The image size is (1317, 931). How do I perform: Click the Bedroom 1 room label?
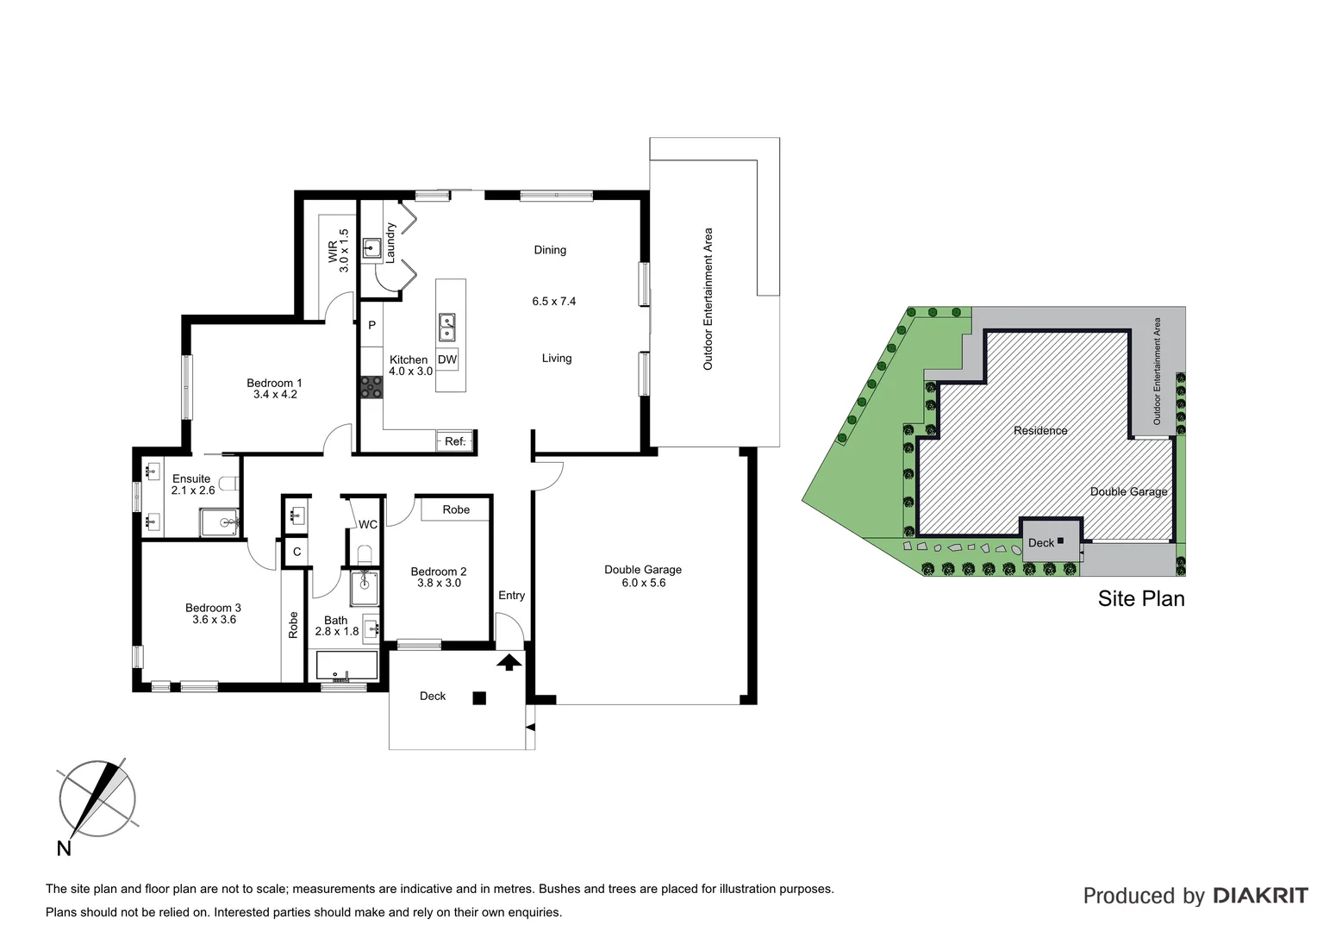[274, 389]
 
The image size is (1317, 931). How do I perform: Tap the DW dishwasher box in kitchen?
[447, 359]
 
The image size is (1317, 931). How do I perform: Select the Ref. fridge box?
[454, 441]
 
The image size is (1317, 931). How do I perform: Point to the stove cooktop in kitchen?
[371, 387]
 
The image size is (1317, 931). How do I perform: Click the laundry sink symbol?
[371, 249]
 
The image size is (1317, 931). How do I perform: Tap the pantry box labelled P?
[371, 325]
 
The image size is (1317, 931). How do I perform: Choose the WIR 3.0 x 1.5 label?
[338, 250]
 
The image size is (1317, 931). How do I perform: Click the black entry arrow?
[510, 661]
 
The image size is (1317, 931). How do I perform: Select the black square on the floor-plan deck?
[480, 698]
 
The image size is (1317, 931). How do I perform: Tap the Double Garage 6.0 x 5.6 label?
[643, 576]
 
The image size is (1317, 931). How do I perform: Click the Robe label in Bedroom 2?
[456, 509]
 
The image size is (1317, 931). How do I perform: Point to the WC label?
[368, 524]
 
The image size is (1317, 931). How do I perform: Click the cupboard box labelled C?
[296, 552]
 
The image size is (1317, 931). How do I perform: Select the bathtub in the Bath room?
[346, 666]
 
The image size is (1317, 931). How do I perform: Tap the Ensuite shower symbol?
[220, 522]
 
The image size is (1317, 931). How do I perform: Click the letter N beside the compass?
[64, 848]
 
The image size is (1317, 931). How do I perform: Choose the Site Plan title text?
[1140, 598]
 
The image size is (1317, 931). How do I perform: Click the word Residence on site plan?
[1040, 430]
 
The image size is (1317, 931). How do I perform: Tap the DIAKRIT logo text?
[1260, 896]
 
